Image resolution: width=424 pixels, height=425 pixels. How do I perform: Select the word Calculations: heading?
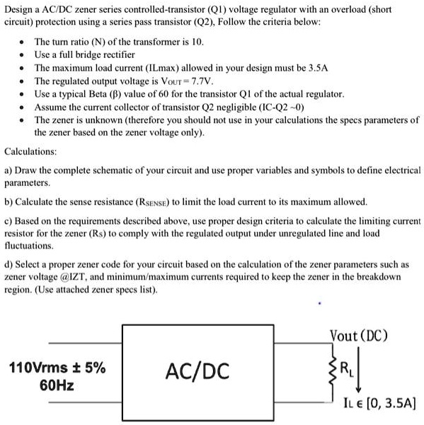tap(31, 151)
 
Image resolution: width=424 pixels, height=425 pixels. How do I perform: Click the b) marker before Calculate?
tap(9, 201)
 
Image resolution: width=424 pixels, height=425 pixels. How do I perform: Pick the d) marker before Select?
tap(9, 264)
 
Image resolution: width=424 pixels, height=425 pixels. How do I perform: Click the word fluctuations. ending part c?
tap(29, 245)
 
